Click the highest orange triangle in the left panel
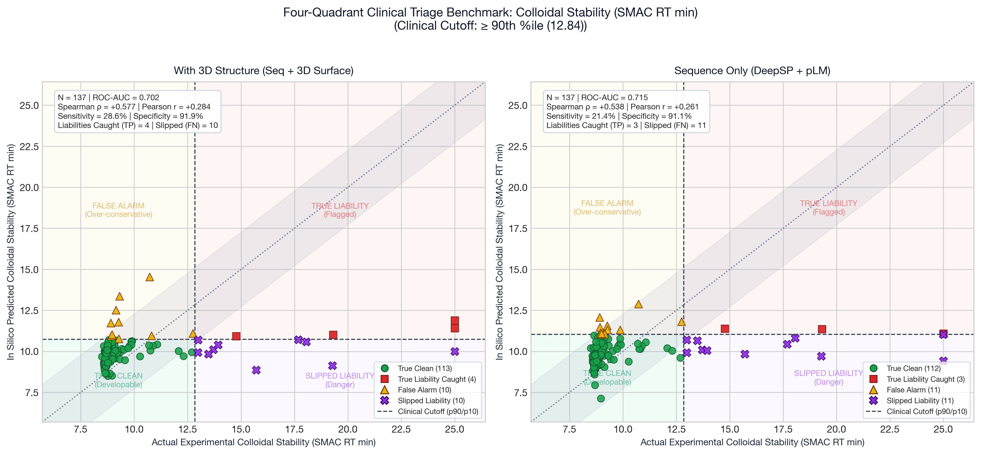150,277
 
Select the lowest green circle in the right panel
601,398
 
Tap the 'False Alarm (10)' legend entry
424,390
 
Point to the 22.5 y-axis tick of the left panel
29,147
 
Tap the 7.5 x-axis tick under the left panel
81,429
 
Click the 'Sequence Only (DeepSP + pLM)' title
752,71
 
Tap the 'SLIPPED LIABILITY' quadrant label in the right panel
828,373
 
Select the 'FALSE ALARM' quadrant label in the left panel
118,206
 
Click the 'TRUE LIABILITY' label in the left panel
340,206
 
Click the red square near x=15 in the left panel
236,336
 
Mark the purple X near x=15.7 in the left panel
256,370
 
